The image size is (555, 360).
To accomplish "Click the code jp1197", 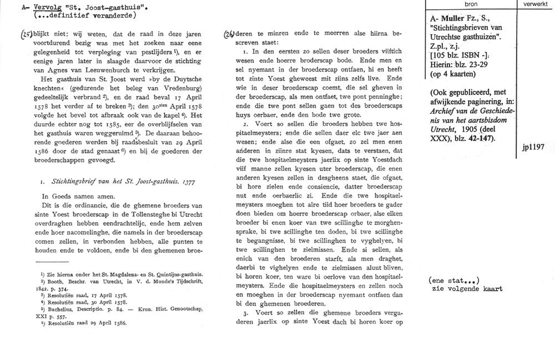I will coord(534,149).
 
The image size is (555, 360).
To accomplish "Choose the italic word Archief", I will coord(436,119).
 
